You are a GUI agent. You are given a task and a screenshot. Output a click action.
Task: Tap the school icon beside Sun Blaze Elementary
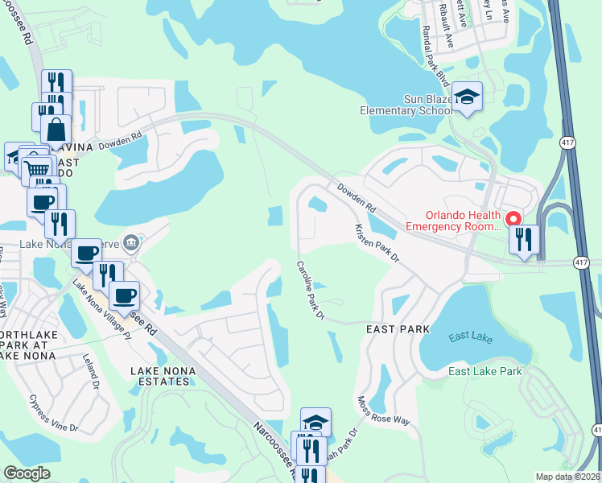click(x=466, y=97)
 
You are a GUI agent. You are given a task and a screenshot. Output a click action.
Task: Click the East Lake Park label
click(x=485, y=371)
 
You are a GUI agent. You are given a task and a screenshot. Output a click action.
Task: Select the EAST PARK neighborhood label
click(x=398, y=329)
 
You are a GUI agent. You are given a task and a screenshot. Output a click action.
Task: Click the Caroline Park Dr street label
click(x=309, y=290)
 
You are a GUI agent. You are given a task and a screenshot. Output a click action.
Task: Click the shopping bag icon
click(x=56, y=129)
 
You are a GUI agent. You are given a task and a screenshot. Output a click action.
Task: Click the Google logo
click(x=27, y=473)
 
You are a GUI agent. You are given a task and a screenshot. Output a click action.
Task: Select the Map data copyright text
click(x=567, y=477)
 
